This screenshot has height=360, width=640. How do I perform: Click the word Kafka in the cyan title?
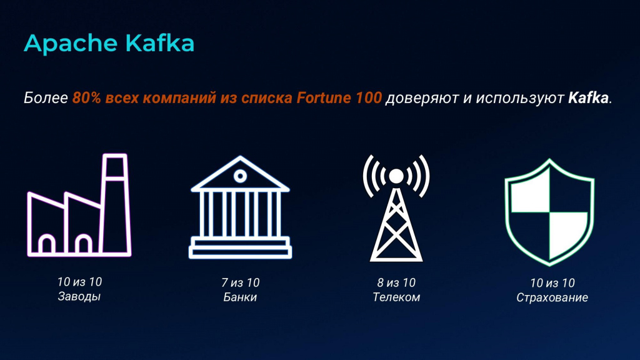click(159, 42)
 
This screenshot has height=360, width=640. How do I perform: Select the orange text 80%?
click(86, 97)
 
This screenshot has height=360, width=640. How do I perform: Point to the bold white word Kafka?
click(588, 97)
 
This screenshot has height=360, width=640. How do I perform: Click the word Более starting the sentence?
click(46, 98)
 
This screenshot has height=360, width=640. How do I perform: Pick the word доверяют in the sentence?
click(422, 98)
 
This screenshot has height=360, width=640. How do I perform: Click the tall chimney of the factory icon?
click(116, 204)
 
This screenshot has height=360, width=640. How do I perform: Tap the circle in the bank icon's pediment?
click(240, 176)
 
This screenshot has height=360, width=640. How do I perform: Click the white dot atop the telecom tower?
click(396, 176)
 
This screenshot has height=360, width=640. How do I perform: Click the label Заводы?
click(79, 296)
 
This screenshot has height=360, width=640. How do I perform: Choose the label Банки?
click(240, 297)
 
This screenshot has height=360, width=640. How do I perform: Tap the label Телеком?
click(396, 297)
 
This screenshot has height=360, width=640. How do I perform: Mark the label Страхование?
click(552, 297)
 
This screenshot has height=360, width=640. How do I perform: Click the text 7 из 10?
click(241, 282)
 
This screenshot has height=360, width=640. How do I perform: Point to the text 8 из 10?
click(396, 282)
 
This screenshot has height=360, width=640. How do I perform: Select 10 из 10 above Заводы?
click(79, 282)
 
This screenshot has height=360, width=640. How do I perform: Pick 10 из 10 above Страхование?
click(552, 283)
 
